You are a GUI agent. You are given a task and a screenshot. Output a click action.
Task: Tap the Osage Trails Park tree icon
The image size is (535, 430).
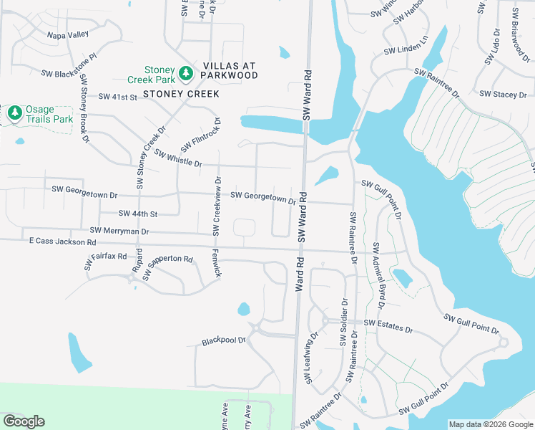[x=14, y=113]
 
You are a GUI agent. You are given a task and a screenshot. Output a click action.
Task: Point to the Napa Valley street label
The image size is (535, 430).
[x=67, y=34]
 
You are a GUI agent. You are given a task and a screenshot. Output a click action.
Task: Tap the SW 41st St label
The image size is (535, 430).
[x=117, y=97]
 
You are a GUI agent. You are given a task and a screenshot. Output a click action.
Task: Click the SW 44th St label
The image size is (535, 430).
[x=138, y=214]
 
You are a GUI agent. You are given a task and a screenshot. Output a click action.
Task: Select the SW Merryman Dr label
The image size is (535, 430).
[x=120, y=231]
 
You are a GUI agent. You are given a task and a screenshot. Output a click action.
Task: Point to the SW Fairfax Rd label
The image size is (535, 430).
[x=105, y=259]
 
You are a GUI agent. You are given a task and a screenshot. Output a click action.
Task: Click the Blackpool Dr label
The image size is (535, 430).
[x=224, y=340]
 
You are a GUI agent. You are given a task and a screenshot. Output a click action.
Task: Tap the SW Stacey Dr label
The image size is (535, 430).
[x=504, y=94]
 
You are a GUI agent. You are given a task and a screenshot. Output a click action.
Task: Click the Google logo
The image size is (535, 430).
[x=24, y=421]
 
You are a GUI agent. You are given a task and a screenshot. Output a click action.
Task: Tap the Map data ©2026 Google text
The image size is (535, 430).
[x=490, y=424]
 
